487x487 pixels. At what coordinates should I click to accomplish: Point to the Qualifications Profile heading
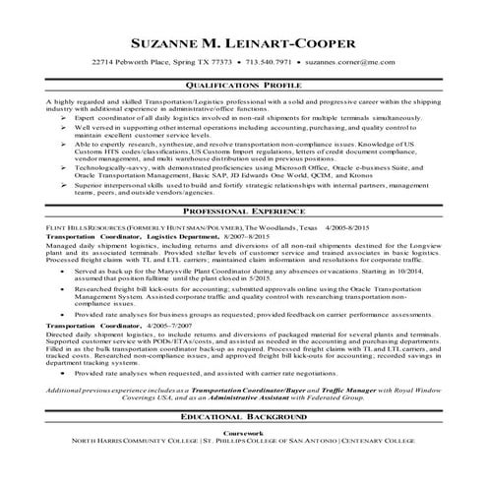coord(243,86)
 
